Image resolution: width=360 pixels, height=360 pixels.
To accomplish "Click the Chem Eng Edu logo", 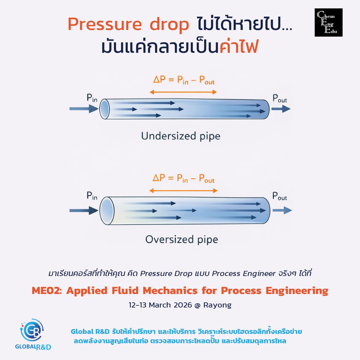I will click(328, 22).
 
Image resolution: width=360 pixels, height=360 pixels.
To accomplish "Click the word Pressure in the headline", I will click(104, 24).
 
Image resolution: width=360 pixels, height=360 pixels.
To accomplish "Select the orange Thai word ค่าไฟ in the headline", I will click(239, 47).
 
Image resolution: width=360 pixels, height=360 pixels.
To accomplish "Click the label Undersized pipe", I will click(181, 136).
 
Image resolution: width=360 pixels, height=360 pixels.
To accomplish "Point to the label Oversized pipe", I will click(181, 239).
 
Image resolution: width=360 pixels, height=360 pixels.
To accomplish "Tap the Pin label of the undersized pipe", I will click(92, 98).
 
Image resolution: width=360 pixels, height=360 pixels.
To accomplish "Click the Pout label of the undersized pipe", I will click(280, 98).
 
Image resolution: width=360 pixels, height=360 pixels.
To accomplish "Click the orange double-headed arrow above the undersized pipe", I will click(183, 92).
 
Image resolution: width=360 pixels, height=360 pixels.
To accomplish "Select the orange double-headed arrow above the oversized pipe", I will click(183, 190).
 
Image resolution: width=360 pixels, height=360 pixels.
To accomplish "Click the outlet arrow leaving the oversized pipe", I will click(282, 211).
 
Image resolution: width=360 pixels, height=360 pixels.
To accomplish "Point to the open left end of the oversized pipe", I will click(106, 211).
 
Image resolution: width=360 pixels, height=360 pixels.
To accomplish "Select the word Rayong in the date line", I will click(217, 305).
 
